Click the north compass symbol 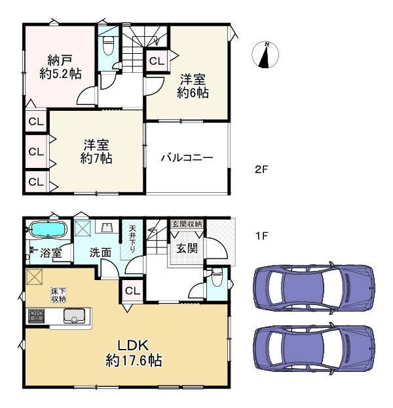pos(266,55)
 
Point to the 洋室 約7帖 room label pos(96,152)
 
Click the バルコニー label pos(187,158)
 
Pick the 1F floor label pos(262,234)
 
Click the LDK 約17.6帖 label pos(134,352)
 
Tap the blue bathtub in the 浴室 pos(47,231)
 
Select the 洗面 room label pos(100,252)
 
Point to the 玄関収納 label pos(187,224)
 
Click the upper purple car pos(314,286)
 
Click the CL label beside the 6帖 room pos(156,61)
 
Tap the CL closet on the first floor pos(131,291)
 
